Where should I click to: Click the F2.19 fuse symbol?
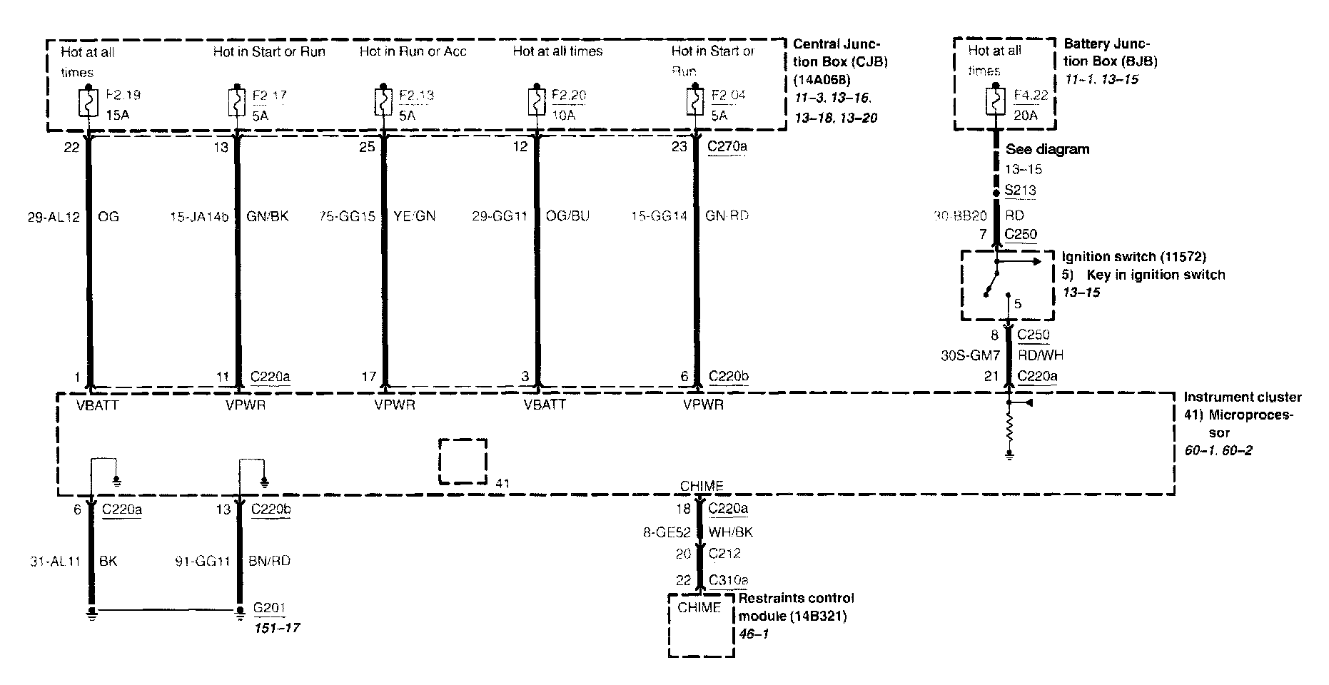(88, 102)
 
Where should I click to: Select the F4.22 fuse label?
(1031, 95)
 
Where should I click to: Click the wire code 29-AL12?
(54, 216)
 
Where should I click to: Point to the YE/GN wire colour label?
(415, 216)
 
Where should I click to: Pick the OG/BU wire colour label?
(567, 216)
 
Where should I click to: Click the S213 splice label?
(1020, 191)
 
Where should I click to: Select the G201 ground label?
(269, 609)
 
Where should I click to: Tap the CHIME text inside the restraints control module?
(699, 608)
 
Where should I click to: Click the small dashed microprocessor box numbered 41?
(463, 462)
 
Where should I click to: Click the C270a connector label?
(727, 147)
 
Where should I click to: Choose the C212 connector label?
(724, 554)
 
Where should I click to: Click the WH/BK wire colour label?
(730, 532)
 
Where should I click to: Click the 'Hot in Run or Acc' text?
(413, 51)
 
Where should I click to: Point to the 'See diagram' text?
(1047, 150)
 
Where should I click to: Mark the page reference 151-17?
(276, 628)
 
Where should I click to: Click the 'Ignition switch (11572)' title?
(1133, 257)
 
